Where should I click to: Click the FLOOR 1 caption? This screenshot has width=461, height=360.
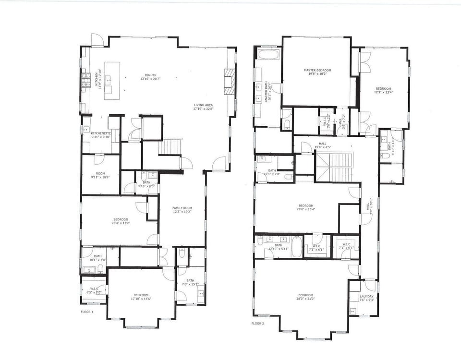(x=87, y=312)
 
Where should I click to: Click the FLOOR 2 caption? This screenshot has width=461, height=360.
(x=257, y=324)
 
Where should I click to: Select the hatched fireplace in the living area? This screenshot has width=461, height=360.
(x=230, y=81)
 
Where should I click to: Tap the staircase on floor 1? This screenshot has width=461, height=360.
(x=170, y=146)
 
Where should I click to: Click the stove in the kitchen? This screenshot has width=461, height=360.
(x=86, y=80)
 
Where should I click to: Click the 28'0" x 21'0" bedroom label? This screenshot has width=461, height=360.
(x=305, y=297)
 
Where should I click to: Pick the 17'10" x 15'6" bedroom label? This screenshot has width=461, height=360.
(x=141, y=297)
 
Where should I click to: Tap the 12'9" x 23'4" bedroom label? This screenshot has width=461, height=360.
(x=383, y=91)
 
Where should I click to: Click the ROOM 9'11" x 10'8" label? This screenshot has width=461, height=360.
(x=100, y=175)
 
